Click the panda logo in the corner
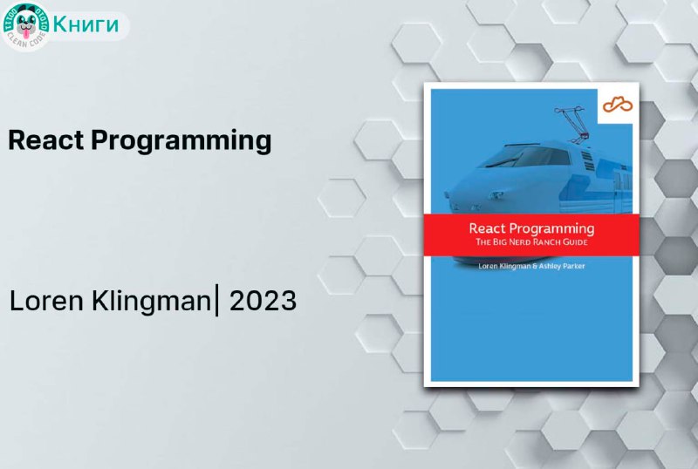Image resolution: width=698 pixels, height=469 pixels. point(26,26)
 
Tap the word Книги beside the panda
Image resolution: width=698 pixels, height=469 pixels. point(86,24)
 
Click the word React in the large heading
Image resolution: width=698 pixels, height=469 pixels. point(46,139)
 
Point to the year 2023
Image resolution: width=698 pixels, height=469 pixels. point(263,301)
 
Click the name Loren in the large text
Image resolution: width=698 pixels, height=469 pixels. point(46,301)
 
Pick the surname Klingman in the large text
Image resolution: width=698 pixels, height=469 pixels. point(151,302)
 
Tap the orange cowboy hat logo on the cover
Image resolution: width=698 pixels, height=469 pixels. point(618,105)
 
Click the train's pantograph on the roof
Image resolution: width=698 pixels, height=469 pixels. point(572,125)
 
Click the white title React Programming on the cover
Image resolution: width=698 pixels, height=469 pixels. point(531,228)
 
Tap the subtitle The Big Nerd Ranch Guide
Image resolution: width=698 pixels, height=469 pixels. point(531,242)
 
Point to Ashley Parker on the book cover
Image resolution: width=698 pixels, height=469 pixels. point(562,266)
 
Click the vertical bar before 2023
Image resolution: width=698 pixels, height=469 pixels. point(216,302)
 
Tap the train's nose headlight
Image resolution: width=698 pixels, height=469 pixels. point(496,194)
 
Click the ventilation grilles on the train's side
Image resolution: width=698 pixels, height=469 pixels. point(588,161)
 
